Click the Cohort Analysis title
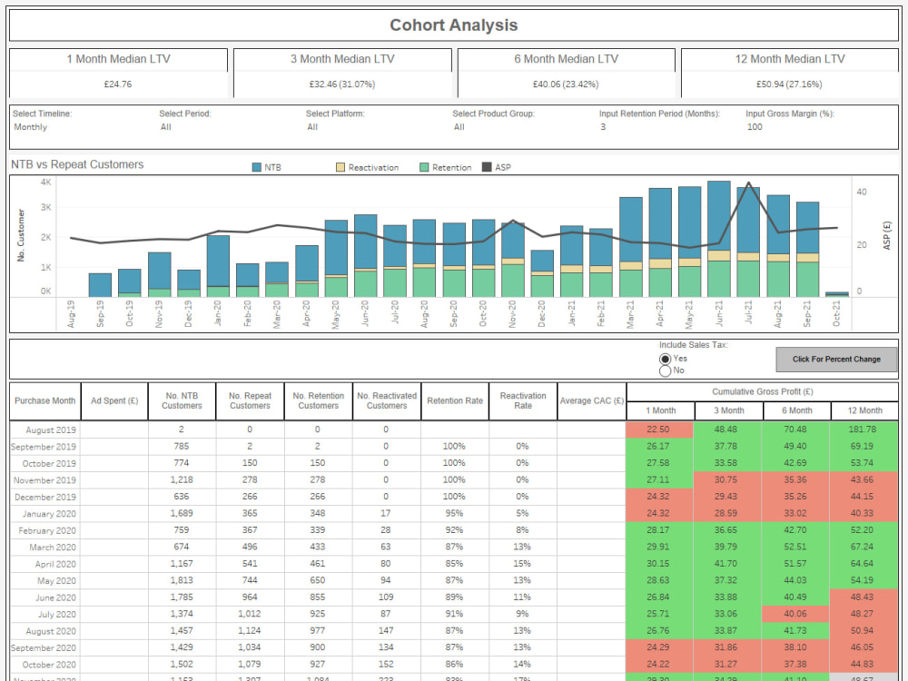click(454, 25)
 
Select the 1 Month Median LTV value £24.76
click(118, 84)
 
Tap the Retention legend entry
click(445, 168)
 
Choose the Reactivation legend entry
click(367, 168)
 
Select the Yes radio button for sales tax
click(665, 359)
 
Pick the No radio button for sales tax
click(665, 370)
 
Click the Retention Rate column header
click(455, 400)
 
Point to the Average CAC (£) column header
click(591, 400)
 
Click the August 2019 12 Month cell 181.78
click(864, 429)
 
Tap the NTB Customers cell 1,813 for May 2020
click(182, 581)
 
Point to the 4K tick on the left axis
click(45, 183)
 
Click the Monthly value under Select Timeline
click(30, 127)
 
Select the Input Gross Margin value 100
click(754, 127)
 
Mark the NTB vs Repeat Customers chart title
click(77, 164)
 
